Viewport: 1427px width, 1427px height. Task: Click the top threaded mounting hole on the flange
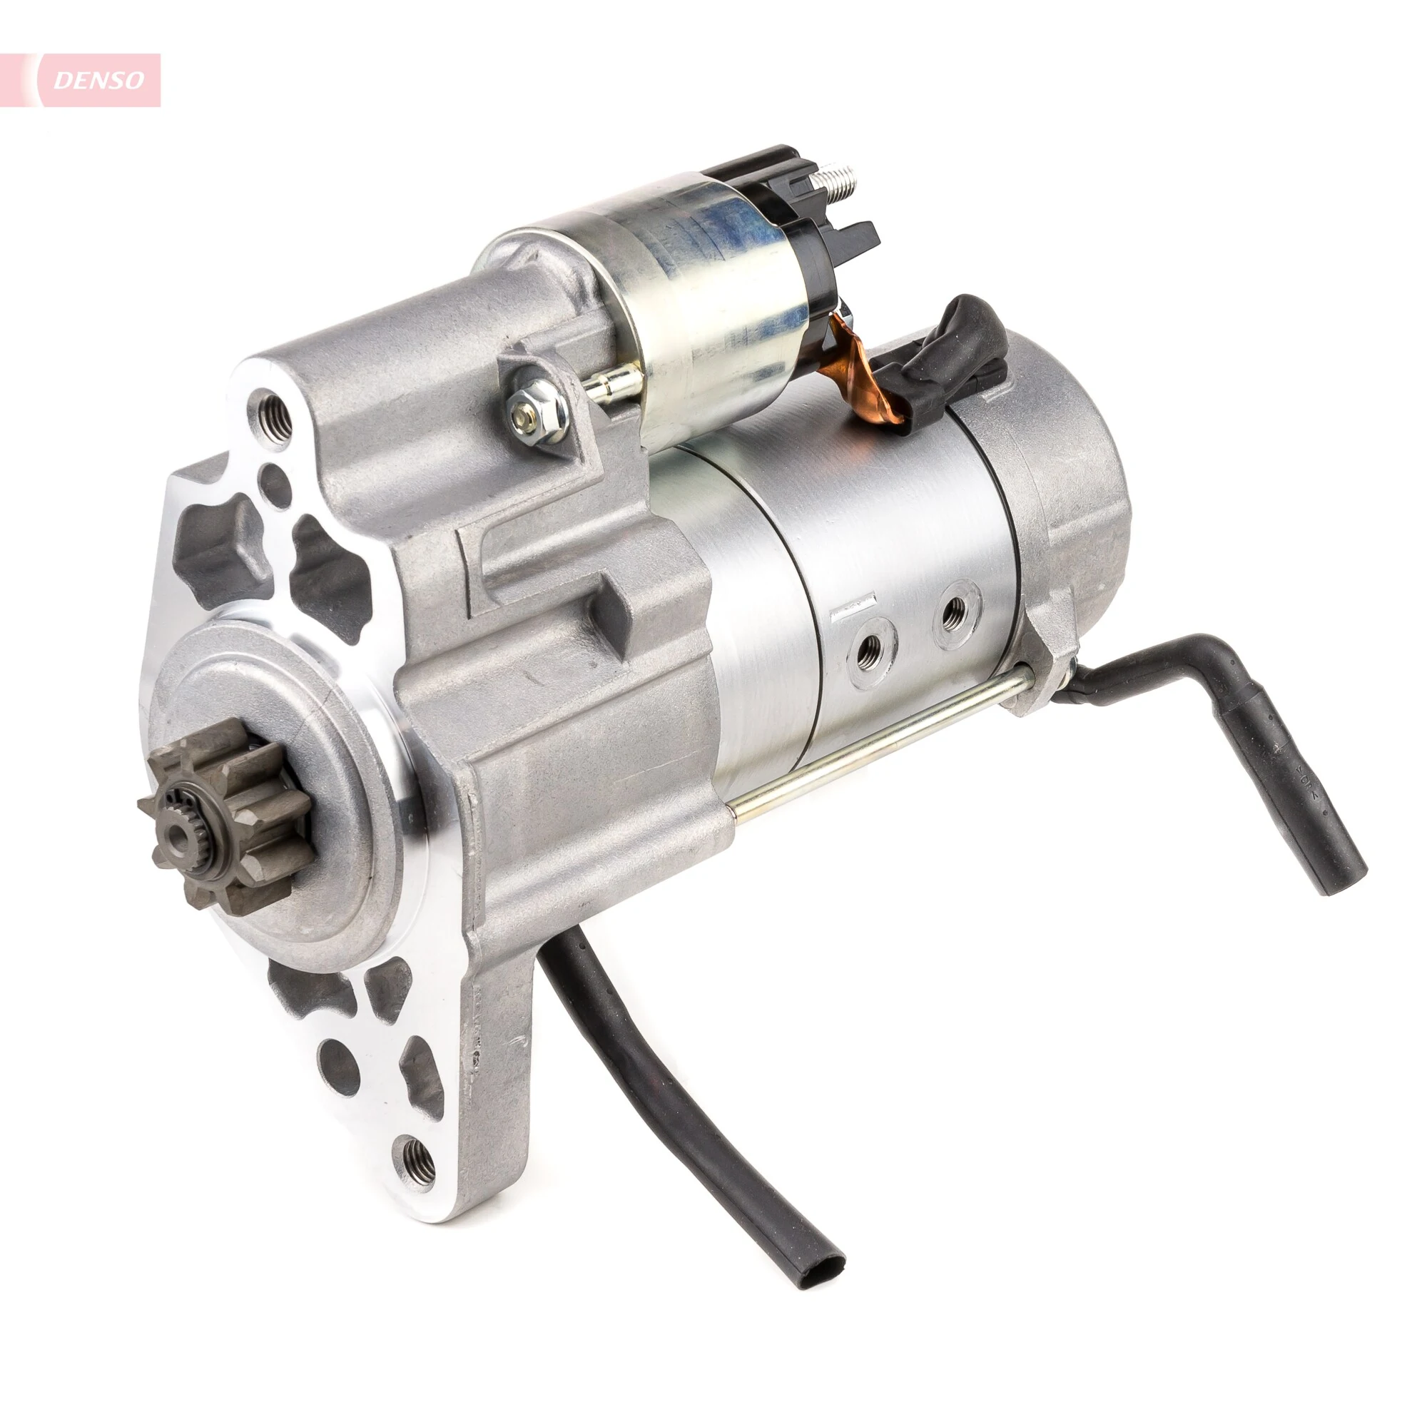tap(274, 418)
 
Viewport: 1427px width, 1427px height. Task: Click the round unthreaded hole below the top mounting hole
tap(278, 487)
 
